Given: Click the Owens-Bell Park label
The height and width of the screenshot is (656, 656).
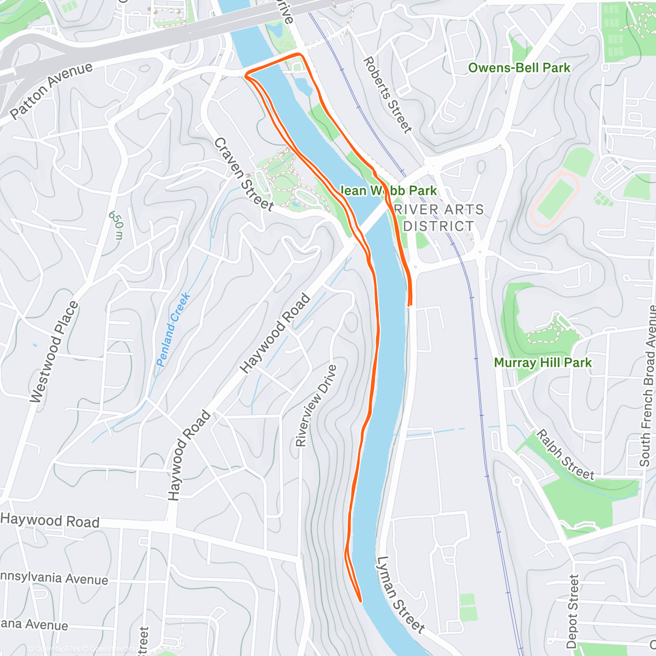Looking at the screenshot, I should click(x=519, y=68).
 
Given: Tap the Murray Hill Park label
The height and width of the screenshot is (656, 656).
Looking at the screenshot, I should click(x=542, y=362).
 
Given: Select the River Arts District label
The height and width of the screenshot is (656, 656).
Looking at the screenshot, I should click(x=438, y=218).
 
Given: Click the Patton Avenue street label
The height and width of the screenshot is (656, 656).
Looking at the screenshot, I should click(x=52, y=91).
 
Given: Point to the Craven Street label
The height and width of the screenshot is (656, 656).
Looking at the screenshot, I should click(x=243, y=174).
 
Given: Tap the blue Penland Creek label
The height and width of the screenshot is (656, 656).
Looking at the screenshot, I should click(x=173, y=330).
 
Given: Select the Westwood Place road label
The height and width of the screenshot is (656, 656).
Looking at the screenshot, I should click(x=54, y=353).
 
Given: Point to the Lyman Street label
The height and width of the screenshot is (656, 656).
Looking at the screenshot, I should click(x=400, y=595).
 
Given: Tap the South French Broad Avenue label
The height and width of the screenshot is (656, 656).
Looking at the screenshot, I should click(x=648, y=385).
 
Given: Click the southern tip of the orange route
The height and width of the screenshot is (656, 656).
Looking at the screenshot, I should click(x=361, y=601).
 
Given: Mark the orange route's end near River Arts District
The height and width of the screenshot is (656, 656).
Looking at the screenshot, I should click(x=409, y=305).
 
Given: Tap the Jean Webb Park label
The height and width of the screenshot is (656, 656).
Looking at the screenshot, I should click(x=389, y=190).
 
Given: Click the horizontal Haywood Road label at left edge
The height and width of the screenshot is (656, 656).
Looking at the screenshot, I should click(x=50, y=520).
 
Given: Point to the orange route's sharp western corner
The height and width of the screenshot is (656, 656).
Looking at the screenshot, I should click(x=245, y=75).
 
